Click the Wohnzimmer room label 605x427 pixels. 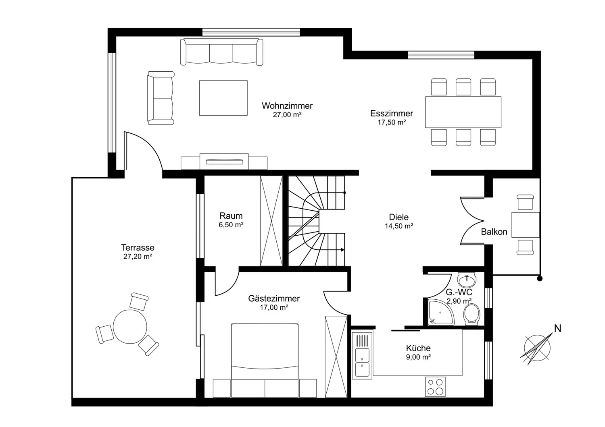[287, 106]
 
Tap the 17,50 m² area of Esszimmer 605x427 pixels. [392, 122]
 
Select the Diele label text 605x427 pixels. [398, 217]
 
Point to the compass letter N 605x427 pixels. [558, 328]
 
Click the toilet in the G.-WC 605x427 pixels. [471, 314]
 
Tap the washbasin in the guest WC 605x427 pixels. [467, 280]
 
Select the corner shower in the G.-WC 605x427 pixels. [441, 312]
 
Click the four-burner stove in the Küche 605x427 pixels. [435, 387]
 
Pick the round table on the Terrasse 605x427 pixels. [130, 326]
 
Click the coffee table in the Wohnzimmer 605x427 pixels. [223, 98]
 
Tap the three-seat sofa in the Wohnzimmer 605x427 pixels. [221, 52]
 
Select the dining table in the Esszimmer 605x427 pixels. [463, 112]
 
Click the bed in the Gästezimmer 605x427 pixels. [265, 361]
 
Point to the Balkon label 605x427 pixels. [494, 232]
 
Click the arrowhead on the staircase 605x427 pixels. [343, 250]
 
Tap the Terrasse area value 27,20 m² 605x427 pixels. [138, 257]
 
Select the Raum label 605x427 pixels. [231, 216]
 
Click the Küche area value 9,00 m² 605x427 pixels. [418, 357]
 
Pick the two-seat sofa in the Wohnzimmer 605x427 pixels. [161, 98]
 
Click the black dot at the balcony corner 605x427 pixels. [540, 279]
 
